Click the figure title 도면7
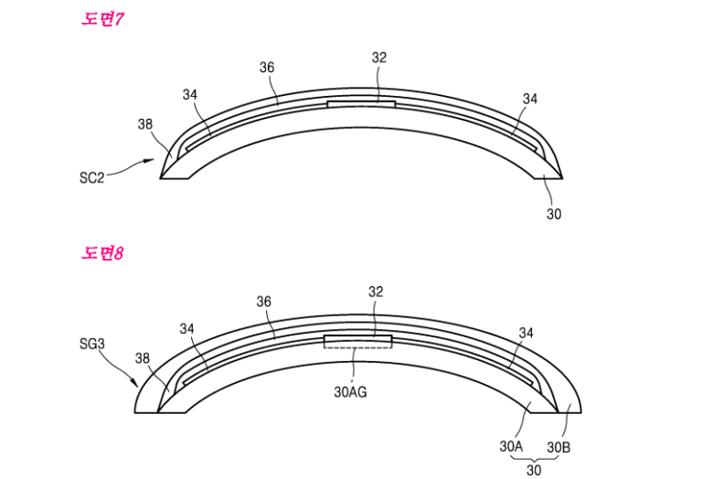coord(102,19)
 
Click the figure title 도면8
coord(102,253)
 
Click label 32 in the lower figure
coord(376,292)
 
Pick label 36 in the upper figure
coord(267,67)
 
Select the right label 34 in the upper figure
coord(530,99)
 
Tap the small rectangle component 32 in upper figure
coord(361,104)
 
